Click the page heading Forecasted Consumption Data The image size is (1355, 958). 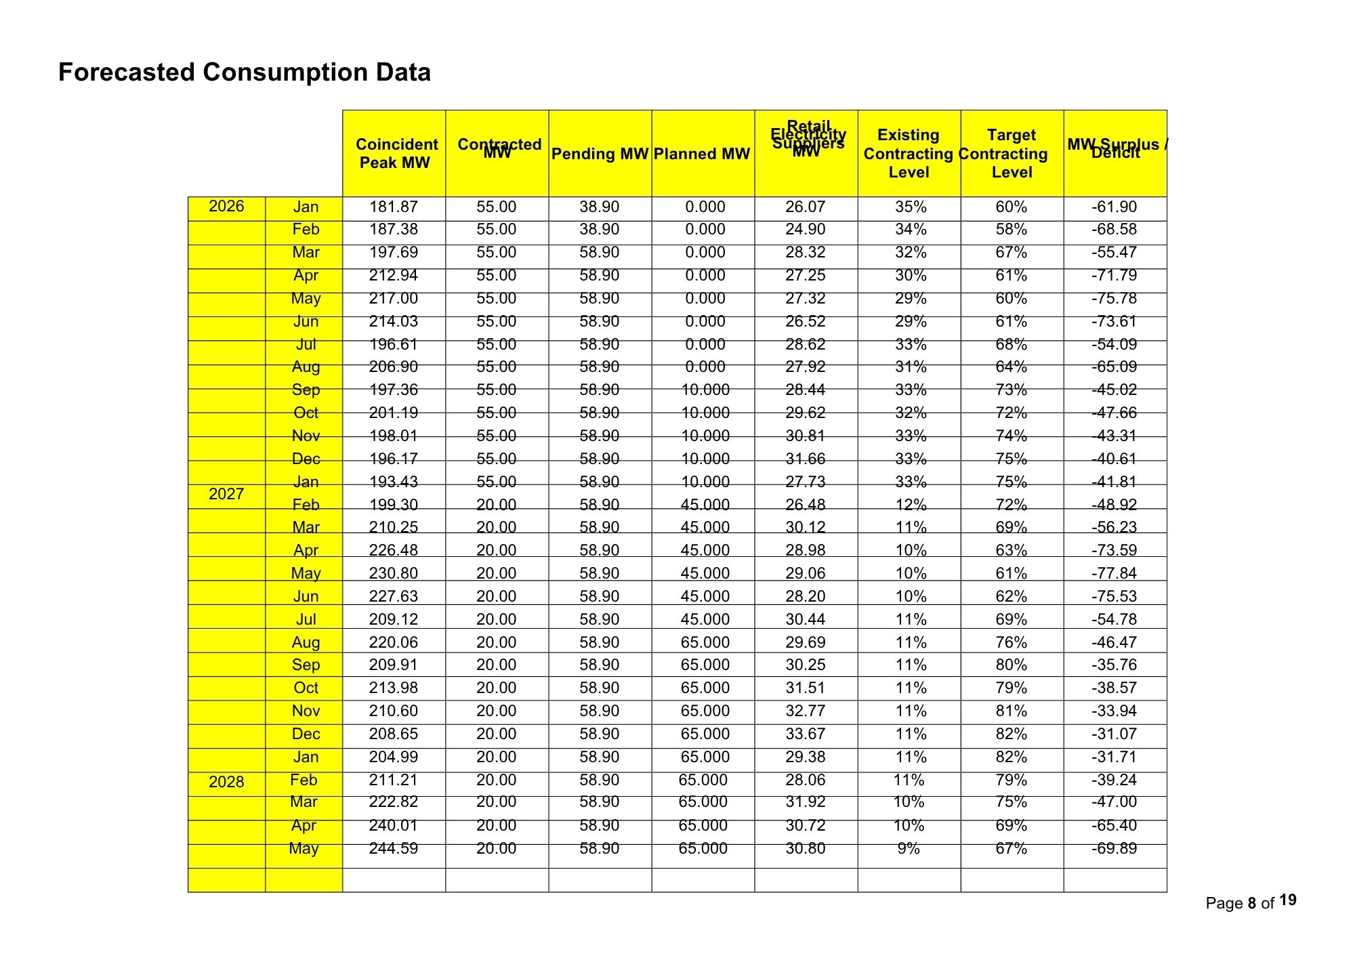coord(244,72)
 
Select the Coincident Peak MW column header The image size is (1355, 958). coord(396,154)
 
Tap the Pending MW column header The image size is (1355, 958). coord(600,154)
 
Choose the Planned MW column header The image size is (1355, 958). coord(702,154)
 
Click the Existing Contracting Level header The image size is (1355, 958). coord(909,154)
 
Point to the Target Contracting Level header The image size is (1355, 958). coord(1011,154)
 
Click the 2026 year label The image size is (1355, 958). coord(226,206)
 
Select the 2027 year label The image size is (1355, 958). coord(226,494)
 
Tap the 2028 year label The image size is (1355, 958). coord(226,782)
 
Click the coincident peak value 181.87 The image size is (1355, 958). coord(394,207)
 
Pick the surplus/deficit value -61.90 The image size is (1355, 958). coord(1114,207)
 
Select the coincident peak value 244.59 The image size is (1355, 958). coord(394,848)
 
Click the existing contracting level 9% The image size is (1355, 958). coord(909,848)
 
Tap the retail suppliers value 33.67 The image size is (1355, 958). coord(806,734)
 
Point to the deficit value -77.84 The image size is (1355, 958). coord(1114,573)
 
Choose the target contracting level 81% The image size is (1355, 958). coord(1011,711)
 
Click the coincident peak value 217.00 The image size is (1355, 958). coord(394,298)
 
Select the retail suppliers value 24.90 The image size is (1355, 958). coord(806,229)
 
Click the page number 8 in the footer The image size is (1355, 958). coord(1252,903)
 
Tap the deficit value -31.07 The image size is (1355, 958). coord(1114,734)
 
